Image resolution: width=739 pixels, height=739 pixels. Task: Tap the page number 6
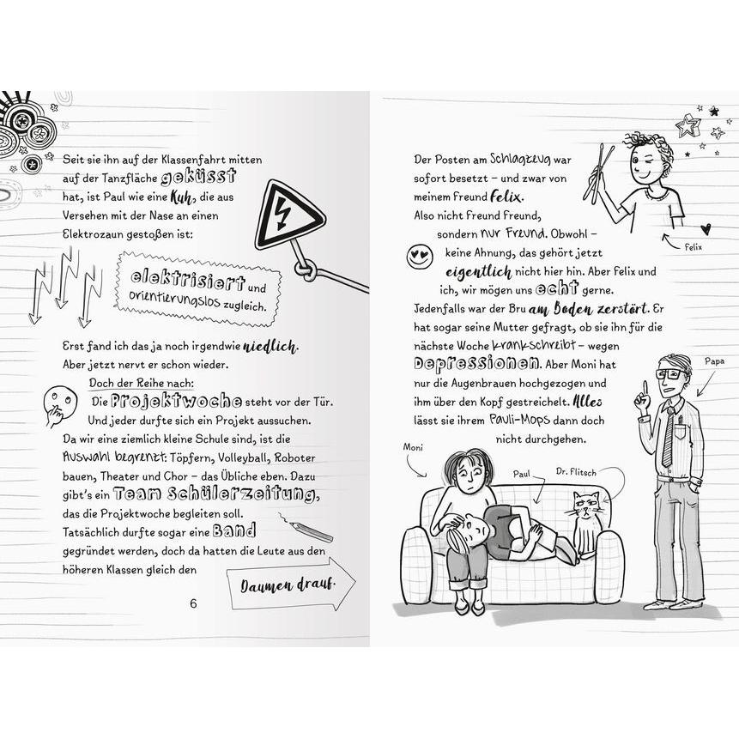tap(193, 603)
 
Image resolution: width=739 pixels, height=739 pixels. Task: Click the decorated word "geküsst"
tap(198, 176)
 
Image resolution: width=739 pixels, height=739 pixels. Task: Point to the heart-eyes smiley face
tap(420, 257)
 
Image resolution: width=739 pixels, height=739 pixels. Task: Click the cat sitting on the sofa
tap(586, 524)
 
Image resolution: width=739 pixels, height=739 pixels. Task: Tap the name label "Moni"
tap(413, 447)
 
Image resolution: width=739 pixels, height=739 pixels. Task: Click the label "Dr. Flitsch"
tap(576, 471)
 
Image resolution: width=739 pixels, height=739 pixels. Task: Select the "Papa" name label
tap(714, 361)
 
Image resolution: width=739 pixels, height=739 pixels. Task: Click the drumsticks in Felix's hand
tap(598, 172)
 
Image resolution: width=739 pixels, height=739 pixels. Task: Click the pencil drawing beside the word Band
tap(306, 527)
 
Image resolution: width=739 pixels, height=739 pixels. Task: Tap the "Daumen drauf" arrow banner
tap(291, 585)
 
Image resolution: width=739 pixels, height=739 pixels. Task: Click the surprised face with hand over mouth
tap(59, 404)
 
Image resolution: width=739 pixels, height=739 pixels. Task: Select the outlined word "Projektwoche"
tap(176, 401)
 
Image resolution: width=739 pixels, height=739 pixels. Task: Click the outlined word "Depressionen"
tap(476, 364)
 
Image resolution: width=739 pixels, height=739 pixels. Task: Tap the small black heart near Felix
tap(705, 229)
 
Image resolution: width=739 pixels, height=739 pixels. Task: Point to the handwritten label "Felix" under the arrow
tap(694, 247)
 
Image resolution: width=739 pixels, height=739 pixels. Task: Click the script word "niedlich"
tap(270, 347)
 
